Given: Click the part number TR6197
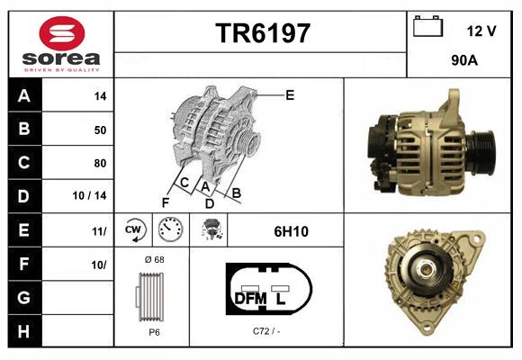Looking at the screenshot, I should click(x=262, y=34).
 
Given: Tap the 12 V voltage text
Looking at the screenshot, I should click(x=481, y=31).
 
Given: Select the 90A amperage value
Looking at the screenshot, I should click(x=463, y=62).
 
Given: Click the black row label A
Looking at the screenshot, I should click(x=24, y=95).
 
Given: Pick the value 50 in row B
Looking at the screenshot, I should click(x=100, y=130).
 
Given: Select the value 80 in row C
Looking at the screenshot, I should click(x=100, y=163).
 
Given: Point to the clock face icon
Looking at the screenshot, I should click(x=169, y=231).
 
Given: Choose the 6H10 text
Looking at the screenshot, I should click(x=291, y=231).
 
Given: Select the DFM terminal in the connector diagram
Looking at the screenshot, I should click(x=251, y=298).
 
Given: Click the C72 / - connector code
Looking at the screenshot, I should click(x=267, y=331).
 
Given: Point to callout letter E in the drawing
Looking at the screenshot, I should click(x=290, y=94).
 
